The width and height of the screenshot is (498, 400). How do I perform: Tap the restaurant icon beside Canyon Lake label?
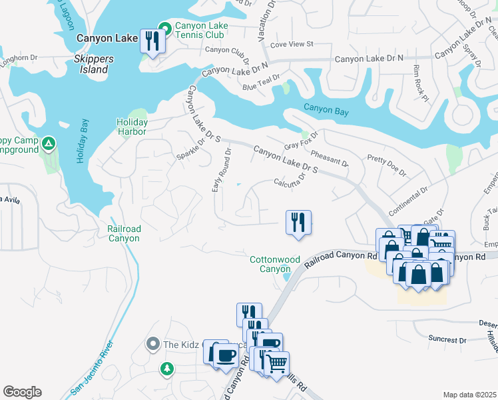(152, 43)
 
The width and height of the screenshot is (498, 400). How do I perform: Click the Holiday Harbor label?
(131, 127)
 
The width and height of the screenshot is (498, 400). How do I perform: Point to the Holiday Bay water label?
(82, 141)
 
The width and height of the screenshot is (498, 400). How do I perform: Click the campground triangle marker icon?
(49, 143)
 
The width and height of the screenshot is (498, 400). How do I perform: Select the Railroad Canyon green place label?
(124, 233)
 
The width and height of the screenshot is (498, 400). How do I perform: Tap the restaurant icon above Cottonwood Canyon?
(298, 222)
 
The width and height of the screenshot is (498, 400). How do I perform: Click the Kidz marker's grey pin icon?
(153, 344)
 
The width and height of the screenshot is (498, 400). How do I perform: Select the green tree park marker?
(166, 368)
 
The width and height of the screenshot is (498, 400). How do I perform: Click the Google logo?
(22, 392)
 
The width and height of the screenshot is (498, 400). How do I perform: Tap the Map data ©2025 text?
(469, 395)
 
